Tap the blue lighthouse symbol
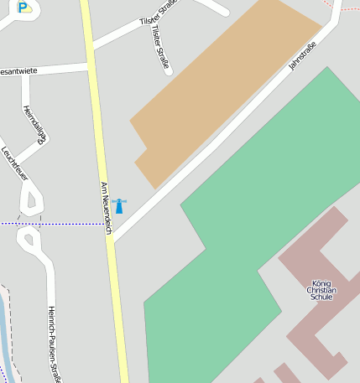coord(119,205)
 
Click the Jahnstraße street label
coord(302,55)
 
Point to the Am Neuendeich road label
coord(106,202)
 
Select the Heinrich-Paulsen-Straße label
coord(55,344)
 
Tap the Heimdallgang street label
coord(34,124)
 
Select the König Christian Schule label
coord(321,290)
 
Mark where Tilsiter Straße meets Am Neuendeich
coord(90,45)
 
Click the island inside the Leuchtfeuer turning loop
coord(33,199)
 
